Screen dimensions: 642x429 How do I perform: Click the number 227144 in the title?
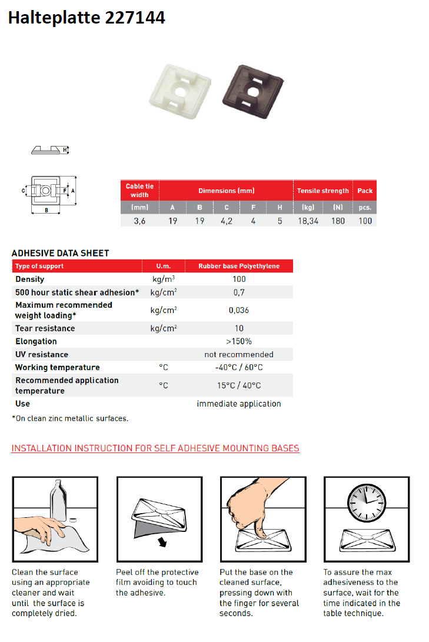click(135, 18)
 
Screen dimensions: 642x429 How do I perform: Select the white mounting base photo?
click(179, 88)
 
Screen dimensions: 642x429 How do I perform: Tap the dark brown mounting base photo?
click(251, 88)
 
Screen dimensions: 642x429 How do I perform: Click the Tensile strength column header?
click(322, 191)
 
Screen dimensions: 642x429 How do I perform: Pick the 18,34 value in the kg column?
click(308, 221)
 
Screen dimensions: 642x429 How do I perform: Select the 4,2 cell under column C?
click(226, 221)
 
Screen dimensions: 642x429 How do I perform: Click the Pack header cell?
click(365, 191)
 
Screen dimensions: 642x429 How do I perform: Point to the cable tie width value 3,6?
click(139, 221)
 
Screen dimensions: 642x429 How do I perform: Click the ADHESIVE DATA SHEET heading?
click(61, 253)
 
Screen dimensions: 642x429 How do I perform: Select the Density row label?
click(30, 280)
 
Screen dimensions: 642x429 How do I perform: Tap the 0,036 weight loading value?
click(239, 310)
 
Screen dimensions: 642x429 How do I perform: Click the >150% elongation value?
click(239, 341)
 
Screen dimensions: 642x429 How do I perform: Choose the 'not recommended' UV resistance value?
click(239, 354)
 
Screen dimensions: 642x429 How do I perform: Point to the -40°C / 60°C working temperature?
click(239, 367)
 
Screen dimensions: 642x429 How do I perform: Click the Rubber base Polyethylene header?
click(239, 266)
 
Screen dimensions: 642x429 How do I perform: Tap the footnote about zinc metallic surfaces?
click(70, 418)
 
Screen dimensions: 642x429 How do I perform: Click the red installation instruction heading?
click(155, 448)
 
